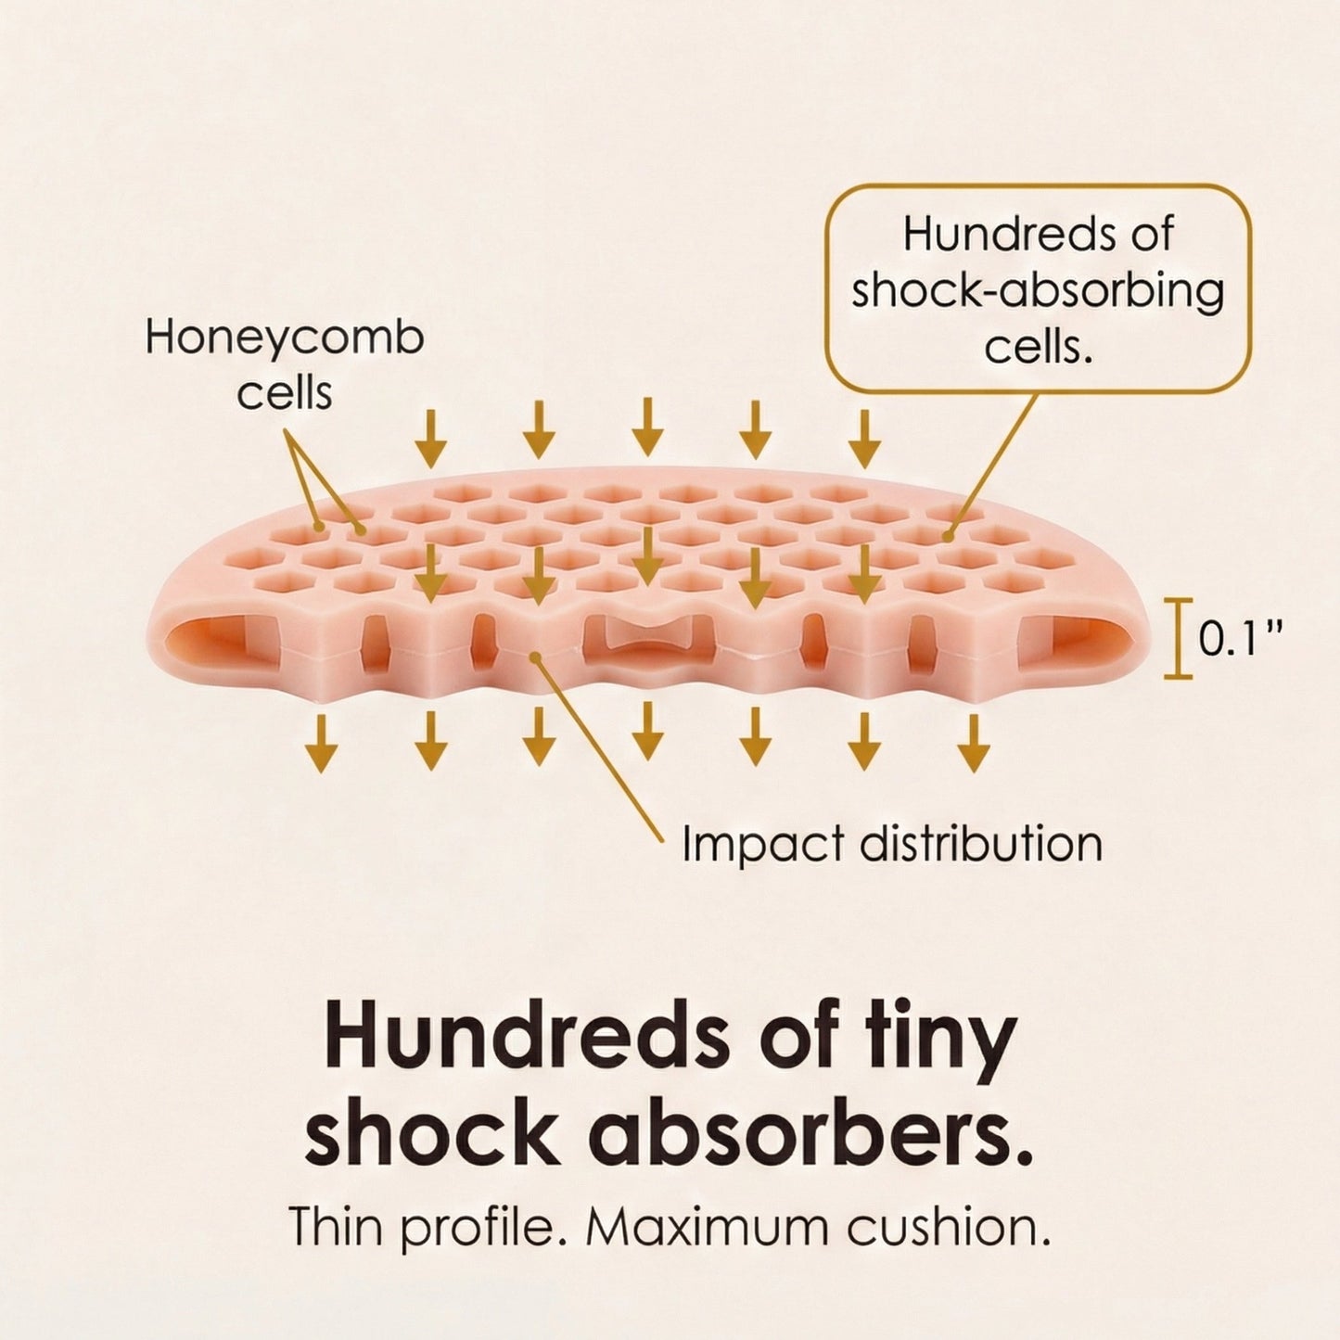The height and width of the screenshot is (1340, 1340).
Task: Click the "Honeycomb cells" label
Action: click(x=285, y=365)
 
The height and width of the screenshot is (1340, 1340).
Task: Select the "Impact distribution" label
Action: click(x=892, y=844)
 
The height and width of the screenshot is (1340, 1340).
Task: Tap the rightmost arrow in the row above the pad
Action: click(x=864, y=439)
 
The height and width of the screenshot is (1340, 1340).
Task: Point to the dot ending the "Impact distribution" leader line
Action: click(x=534, y=657)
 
